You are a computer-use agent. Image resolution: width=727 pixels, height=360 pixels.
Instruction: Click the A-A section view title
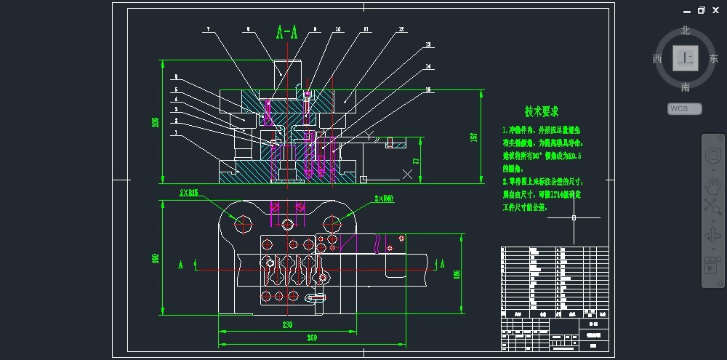point(287,33)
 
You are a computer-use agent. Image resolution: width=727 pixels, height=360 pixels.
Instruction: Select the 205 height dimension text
point(155,121)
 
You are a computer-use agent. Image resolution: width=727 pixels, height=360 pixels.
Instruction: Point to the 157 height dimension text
point(473,137)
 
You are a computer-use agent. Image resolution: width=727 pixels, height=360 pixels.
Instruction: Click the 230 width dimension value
point(288,325)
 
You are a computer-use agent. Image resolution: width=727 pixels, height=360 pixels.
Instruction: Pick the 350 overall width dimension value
point(311,339)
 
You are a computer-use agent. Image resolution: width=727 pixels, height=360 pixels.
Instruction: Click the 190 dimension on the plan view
point(155,258)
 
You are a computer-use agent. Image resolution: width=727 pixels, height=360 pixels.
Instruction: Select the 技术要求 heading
point(542,112)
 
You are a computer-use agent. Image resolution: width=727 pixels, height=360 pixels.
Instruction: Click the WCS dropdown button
point(684,108)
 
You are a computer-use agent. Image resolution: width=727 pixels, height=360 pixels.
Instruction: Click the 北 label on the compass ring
point(685,31)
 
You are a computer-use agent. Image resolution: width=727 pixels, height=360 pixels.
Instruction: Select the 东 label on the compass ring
point(713,59)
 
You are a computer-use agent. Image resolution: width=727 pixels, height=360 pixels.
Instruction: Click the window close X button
point(717,10)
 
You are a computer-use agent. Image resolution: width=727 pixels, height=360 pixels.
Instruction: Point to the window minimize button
point(686,10)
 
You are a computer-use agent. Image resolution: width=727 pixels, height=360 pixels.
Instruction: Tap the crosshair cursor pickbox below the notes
point(574,217)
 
